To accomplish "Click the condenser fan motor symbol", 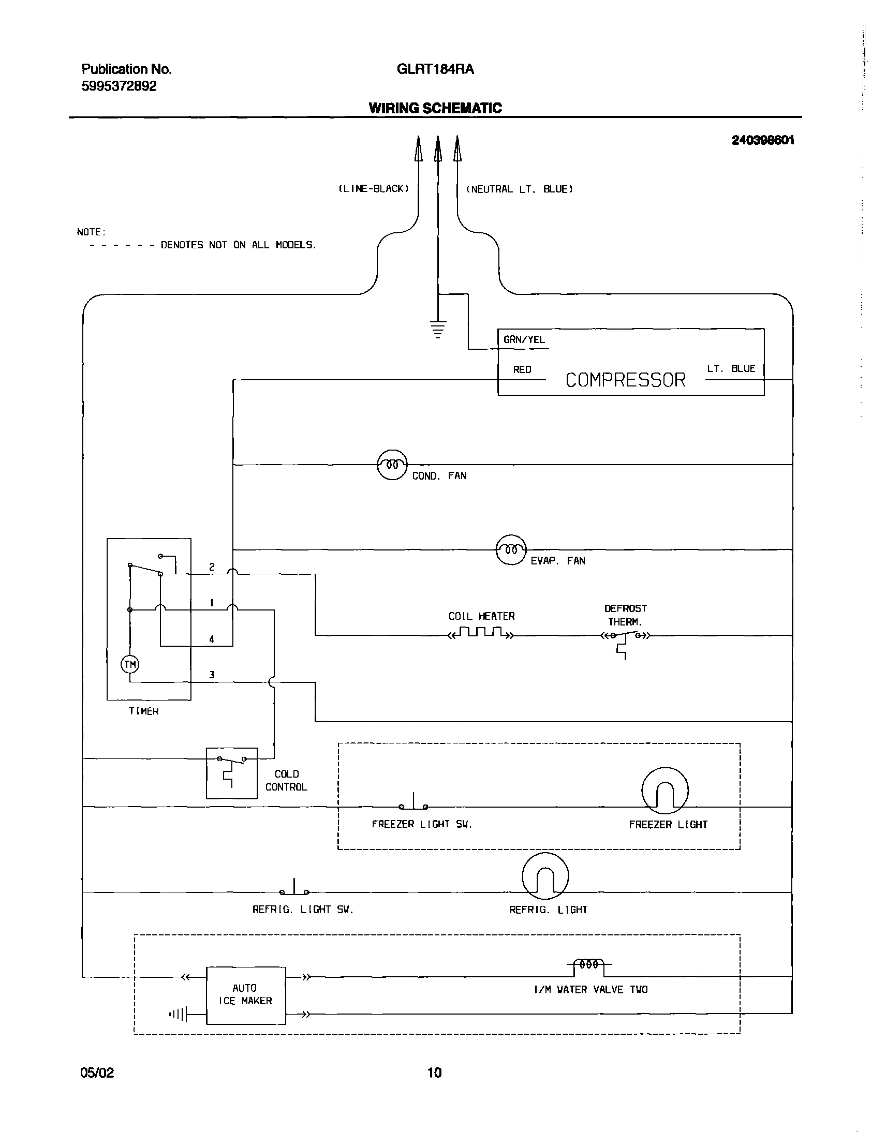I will coord(392,465).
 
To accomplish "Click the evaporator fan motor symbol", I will coord(511,549).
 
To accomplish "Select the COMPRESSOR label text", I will coord(625,380).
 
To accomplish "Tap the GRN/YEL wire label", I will coord(524,340).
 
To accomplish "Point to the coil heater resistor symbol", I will coord(481,633).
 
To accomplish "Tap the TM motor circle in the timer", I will coord(130,664).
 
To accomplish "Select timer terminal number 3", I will coord(212,675).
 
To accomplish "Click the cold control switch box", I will coord(231,772).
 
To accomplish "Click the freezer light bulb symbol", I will coord(664,791).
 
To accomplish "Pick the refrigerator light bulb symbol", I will coord(544,876).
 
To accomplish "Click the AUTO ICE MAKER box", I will coord(245,994).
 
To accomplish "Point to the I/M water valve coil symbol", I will coord(589,964).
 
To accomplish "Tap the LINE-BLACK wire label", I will coord(374,189).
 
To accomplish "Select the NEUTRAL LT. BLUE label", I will coord(520,189).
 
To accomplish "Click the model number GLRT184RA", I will coord(435,69).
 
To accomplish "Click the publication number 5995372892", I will coord(119,86).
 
